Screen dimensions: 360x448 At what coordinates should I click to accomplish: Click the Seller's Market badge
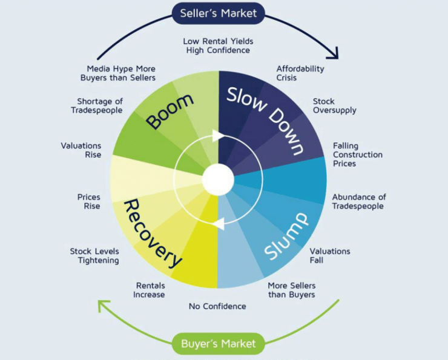point(219,13)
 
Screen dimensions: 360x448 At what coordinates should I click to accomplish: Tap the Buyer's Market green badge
point(218,344)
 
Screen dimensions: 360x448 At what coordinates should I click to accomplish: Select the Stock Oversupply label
point(334,106)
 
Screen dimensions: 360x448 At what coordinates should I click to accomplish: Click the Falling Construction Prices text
point(357,155)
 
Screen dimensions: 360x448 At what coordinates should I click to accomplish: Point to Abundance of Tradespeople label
point(358,202)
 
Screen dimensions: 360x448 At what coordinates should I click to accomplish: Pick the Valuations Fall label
point(329,256)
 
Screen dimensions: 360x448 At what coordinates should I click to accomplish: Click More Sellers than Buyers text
point(291,290)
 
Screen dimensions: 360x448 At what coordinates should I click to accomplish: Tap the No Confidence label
point(217,306)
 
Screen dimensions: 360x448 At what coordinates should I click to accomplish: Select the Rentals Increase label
point(150,290)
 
